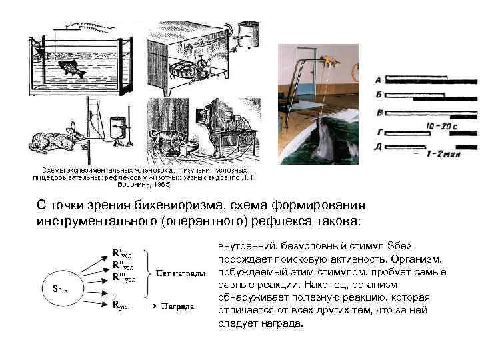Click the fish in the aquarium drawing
pyautogui.click(x=69, y=67)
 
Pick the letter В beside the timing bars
pyautogui.click(x=379, y=112)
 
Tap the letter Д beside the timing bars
pyautogui.click(x=379, y=145)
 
